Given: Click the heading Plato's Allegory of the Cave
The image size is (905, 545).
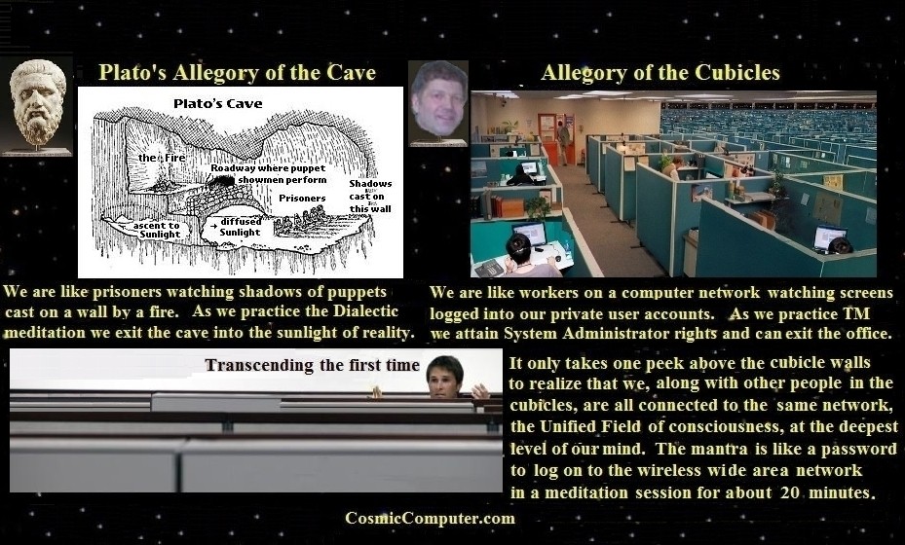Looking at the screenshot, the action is click(x=237, y=73).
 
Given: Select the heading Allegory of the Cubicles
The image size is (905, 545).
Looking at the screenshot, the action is click(x=660, y=73).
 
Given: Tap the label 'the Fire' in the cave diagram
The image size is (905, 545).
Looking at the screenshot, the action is click(x=162, y=158).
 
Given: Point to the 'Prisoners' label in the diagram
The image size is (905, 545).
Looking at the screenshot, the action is click(x=302, y=198).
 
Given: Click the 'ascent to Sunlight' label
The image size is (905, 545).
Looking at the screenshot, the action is click(x=158, y=230).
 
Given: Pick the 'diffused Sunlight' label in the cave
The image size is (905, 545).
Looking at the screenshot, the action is click(x=240, y=227).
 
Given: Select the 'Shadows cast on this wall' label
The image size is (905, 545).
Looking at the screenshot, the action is click(x=370, y=196).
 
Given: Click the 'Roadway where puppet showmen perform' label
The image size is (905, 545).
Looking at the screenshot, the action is click(x=269, y=173).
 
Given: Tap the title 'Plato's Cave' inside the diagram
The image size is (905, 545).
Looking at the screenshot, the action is click(x=217, y=104).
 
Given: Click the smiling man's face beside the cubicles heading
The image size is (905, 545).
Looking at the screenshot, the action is click(x=438, y=100).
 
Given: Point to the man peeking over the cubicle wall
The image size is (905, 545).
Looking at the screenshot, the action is click(x=445, y=379).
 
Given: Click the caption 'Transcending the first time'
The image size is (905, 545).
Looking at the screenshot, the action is click(x=312, y=365).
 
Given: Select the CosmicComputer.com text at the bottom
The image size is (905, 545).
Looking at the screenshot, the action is click(x=430, y=518).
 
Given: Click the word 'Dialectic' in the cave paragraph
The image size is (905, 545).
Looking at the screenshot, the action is click(x=366, y=311).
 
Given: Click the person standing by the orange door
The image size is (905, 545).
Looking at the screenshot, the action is click(x=563, y=142).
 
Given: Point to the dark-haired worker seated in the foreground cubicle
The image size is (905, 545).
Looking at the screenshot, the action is click(x=526, y=256).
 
